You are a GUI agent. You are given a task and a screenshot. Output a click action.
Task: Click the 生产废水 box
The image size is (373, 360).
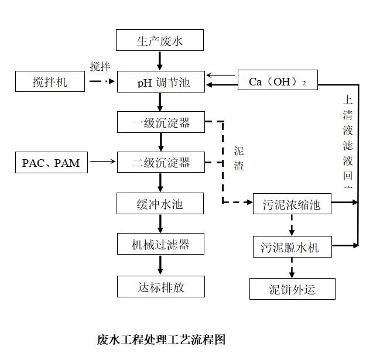click(x=160, y=41)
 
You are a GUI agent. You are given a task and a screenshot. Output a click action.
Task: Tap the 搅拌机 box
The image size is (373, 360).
click(x=50, y=82)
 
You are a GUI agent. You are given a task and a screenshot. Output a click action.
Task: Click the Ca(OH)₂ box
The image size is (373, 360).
click(x=278, y=81)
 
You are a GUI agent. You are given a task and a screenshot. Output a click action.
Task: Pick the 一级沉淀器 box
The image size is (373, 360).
click(x=160, y=123)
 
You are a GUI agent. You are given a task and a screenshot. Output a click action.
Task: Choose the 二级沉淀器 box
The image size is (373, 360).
click(x=160, y=163)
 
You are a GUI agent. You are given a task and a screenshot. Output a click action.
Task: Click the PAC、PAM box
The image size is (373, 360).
click(x=51, y=163)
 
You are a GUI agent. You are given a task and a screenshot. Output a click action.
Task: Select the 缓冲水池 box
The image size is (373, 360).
click(x=160, y=204)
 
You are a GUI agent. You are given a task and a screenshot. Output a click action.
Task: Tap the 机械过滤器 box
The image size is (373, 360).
click(x=160, y=244)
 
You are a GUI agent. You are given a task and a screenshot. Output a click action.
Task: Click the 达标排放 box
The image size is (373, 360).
click(x=160, y=287)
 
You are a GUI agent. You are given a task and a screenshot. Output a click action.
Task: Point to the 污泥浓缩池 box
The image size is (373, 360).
click(x=291, y=205)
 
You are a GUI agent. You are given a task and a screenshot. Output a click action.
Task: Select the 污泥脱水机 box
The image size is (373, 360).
click(x=291, y=247)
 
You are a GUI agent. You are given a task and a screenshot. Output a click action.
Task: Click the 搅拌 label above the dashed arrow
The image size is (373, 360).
click(x=100, y=67)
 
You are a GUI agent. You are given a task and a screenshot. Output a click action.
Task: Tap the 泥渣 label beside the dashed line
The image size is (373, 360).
click(x=239, y=158)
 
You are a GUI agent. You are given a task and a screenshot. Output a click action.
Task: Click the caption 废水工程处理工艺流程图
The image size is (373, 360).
click(x=161, y=340)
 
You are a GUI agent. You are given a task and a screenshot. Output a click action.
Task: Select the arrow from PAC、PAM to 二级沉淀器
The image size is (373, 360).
click(x=104, y=161)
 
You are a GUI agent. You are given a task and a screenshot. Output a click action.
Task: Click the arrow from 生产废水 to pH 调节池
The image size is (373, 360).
click(x=160, y=61)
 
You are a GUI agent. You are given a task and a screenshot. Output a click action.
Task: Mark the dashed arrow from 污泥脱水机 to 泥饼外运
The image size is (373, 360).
click(x=291, y=267)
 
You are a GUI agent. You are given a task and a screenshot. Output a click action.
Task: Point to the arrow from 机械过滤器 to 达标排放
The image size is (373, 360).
click(x=160, y=265)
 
